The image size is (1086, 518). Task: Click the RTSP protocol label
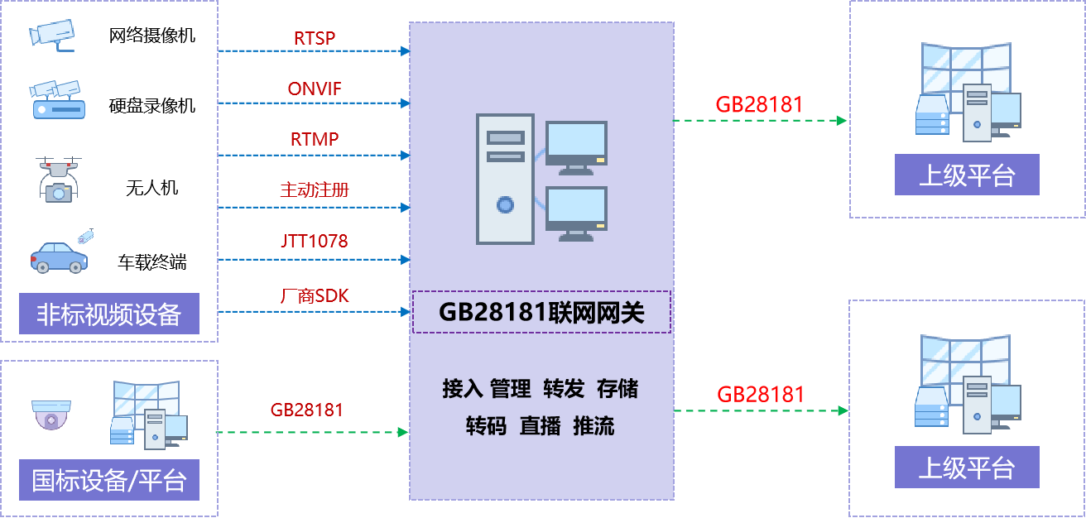click(x=315, y=38)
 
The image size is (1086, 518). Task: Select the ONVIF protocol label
click(x=315, y=89)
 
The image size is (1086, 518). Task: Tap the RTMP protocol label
click(x=315, y=139)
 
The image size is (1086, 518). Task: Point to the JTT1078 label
click(x=315, y=242)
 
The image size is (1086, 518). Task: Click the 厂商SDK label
click(x=315, y=295)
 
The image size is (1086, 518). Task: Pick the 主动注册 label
click(x=315, y=190)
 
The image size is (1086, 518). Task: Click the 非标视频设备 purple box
click(x=108, y=314)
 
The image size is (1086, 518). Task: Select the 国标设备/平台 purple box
click(x=108, y=480)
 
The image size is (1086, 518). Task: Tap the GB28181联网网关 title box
click(x=541, y=312)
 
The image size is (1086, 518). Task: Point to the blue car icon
click(x=59, y=257)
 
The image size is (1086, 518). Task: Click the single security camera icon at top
click(x=52, y=34)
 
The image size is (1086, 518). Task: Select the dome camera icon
click(x=51, y=415)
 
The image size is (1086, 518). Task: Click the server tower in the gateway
click(x=505, y=179)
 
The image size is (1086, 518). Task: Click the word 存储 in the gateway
click(x=617, y=389)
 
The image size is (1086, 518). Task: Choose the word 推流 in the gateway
click(x=593, y=426)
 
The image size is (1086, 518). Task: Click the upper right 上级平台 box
click(x=967, y=175)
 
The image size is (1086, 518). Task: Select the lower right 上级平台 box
click(x=967, y=468)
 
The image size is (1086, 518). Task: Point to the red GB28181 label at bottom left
click(x=307, y=410)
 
